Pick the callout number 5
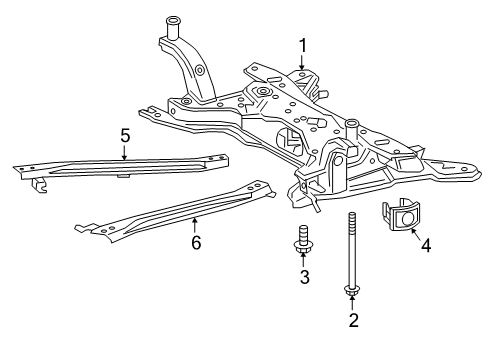(123, 135)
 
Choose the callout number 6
(196, 242)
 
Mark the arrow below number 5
(123, 152)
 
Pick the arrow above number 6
(196, 225)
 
